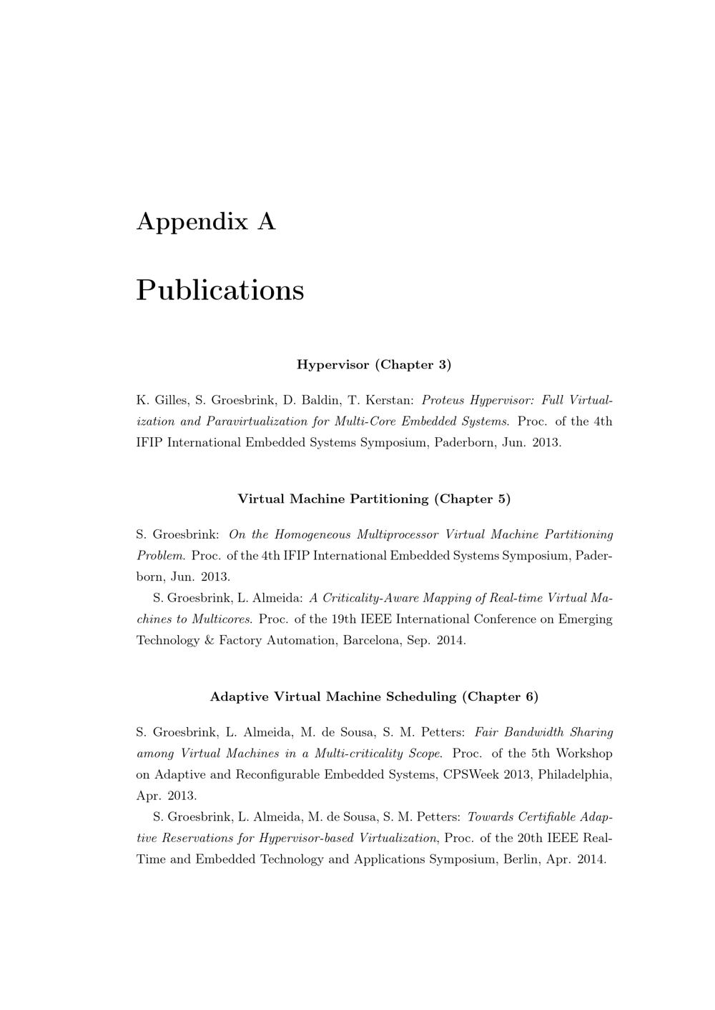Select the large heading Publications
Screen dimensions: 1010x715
pos(220,290)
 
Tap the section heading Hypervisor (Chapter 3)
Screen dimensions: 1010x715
pos(374,365)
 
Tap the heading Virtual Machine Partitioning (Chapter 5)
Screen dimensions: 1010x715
pos(374,499)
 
